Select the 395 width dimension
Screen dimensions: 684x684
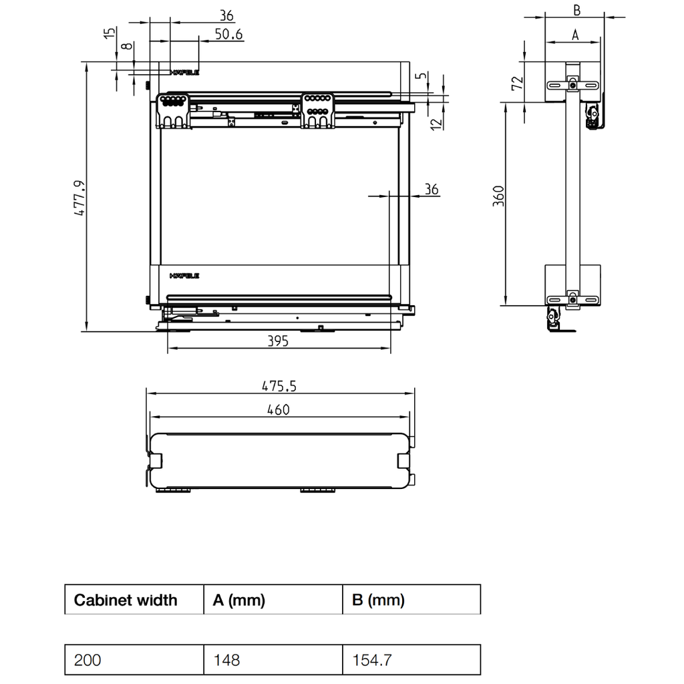click(x=277, y=341)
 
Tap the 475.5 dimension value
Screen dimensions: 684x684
click(x=279, y=386)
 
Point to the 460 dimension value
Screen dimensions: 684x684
click(x=279, y=409)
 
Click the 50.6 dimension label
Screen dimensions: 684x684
click(x=228, y=34)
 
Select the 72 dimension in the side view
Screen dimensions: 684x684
click(x=516, y=83)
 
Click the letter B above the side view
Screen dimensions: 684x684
click(x=576, y=10)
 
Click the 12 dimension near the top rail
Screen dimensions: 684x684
click(x=436, y=123)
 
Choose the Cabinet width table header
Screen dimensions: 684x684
click(x=126, y=600)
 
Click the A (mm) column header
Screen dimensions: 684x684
click(x=238, y=600)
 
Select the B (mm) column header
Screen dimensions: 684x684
click(x=378, y=600)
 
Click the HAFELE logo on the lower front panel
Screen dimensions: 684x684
click(x=184, y=275)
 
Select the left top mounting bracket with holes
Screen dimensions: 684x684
click(x=174, y=110)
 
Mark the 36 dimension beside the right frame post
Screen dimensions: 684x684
click(x=432, y=190)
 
